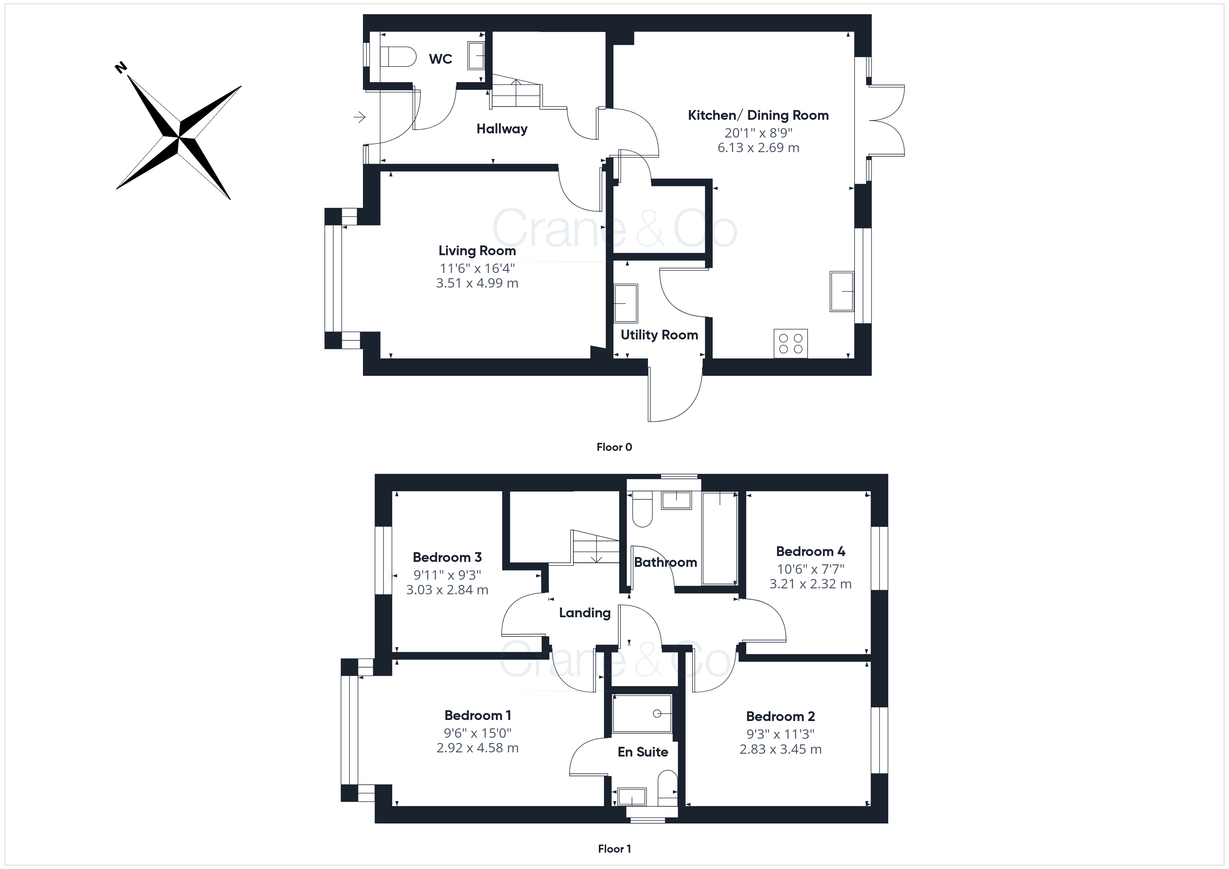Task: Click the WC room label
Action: click(x=441, y=59)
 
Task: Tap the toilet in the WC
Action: click(x=398, y=56)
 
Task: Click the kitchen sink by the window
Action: click(x=842, y=291)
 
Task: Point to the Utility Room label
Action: click(x=659, y=335)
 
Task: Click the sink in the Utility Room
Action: click(x=626, y=303)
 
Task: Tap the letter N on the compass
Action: click(x=121, y=68)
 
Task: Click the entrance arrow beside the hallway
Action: click(x=359, y=116)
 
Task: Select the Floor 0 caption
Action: click(x=614, y=447)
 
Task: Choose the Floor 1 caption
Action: click(x=614, y=849)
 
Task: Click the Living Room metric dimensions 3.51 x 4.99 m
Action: click(x=477, y=283)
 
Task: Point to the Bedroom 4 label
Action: click(x=810, y=551)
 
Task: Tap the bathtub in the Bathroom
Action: click(x=719, y=538)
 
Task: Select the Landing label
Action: click(x=585, y=613)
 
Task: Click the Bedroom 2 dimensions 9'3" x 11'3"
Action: click(x=780, y=734)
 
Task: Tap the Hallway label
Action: click(x=502, y=129)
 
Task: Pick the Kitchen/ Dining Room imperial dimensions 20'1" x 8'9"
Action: click(x=758, y=133)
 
